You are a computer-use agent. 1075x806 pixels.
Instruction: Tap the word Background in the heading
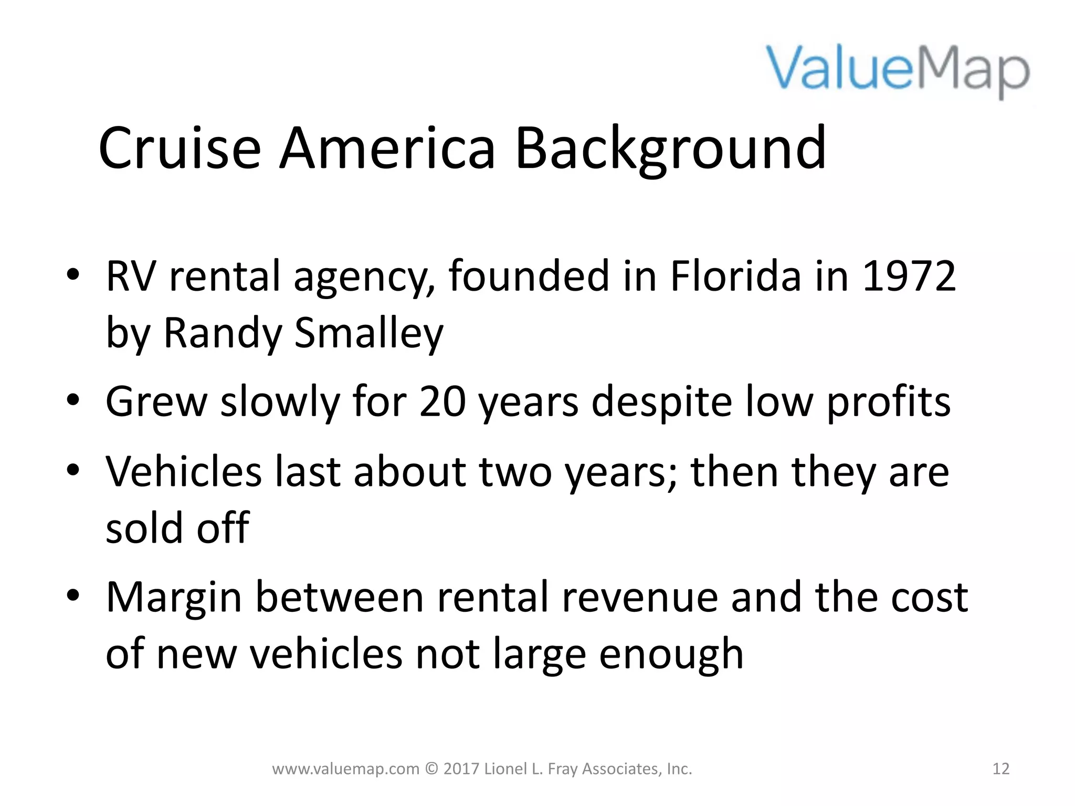point(670,150)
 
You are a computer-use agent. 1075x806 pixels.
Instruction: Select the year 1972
point(909,277)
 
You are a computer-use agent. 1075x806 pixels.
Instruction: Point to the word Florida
point(735,277)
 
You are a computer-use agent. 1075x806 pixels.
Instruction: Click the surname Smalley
point(368,333)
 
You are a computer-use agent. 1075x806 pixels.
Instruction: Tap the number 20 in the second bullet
point(442,402)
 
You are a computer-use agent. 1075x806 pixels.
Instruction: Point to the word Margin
point(174,598)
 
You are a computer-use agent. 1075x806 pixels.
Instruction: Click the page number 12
point(1001,769)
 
